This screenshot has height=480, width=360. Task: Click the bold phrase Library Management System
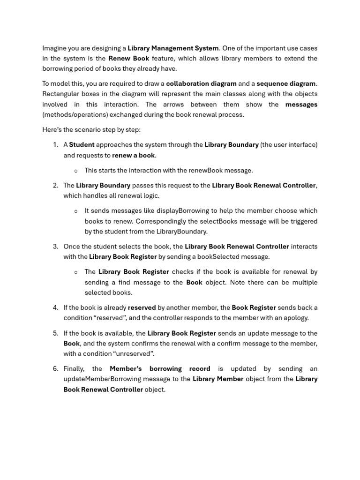tap(173, 48)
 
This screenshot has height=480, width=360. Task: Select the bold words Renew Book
tap(128, 59)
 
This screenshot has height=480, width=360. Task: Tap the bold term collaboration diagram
tap(201, 84)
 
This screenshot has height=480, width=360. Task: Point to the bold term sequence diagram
tap(286, 84)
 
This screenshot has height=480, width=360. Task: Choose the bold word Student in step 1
tap(82, 145)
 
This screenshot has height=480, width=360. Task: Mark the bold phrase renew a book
tap(134, 155)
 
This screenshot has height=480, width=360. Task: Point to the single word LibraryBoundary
tap(182, 231)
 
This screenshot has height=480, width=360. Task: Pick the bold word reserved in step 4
tap(142, 308)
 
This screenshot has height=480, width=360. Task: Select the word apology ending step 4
tap(295, 318)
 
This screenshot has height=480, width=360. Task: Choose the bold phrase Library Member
tap(218, 379)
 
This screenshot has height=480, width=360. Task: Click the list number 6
tap(55, 369)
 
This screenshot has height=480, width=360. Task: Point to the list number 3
tap(55, 247)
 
